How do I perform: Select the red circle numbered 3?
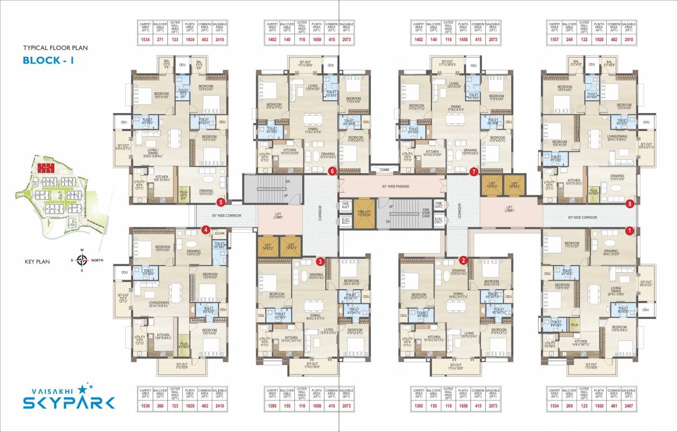point(320,261)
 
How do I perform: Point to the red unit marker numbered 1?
point(630,230)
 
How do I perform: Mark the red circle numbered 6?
point(333,171)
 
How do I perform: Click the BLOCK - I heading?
point(48,61)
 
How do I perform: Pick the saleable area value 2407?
point(629,406)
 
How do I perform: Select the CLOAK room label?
point(220,233)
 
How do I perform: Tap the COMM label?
point(384,169)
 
